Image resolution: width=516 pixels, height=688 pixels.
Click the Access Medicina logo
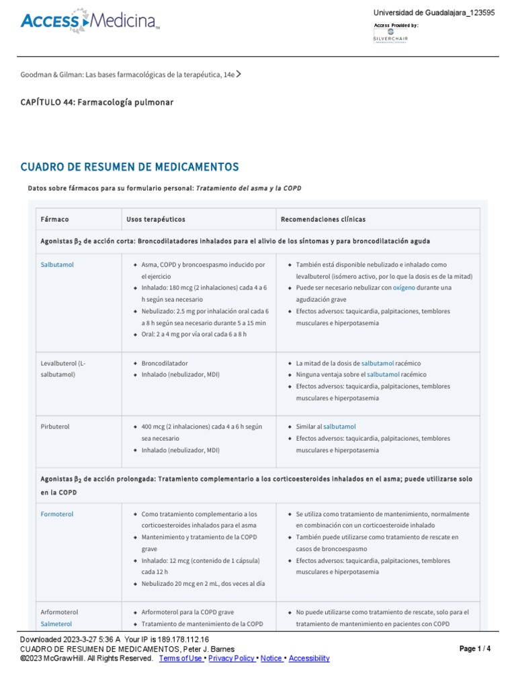90,22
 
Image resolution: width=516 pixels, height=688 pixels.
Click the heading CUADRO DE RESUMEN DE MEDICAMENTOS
130,167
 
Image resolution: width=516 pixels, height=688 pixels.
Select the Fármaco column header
54,219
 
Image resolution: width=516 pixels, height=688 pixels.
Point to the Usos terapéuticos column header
155,219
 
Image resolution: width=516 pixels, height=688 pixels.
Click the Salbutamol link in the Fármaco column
57,265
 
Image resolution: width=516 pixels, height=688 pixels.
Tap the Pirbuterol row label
55,427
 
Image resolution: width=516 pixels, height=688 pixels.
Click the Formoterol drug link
57,514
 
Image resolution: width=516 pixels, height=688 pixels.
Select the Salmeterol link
57,624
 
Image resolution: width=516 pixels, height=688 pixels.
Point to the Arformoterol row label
59,612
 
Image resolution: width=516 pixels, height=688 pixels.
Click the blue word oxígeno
404,288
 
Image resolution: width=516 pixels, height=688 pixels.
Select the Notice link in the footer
272,658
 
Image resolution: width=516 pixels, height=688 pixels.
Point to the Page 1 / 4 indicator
475,648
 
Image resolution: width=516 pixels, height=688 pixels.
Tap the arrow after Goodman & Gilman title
239,75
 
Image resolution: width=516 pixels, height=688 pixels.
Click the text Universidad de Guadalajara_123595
434,13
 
